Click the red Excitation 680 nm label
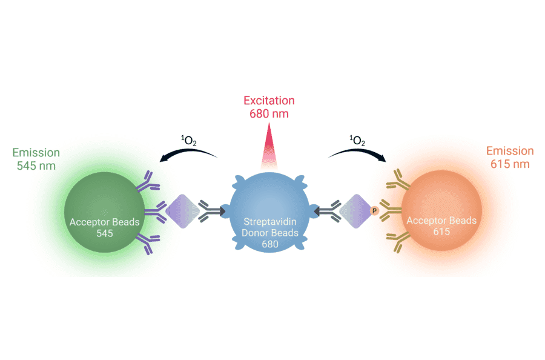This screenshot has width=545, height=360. pyautogui.click(x=269, y=106)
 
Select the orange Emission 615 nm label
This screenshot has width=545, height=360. pyautogui.click(x=509, y=158)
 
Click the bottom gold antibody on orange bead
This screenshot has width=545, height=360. pyautogui.click(x=396, y=242)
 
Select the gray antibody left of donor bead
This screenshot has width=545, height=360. pyautogui.click(x=211, y=212)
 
